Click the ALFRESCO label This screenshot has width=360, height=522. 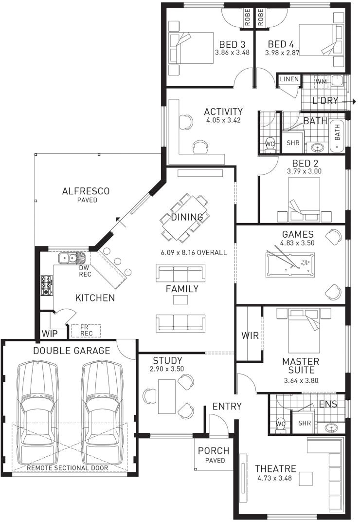[86, 191]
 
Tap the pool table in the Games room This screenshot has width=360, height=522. [290, 264]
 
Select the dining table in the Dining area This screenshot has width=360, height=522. [185, 218]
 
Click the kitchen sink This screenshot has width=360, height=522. [72, 258]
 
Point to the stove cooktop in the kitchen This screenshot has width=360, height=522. [47, 285]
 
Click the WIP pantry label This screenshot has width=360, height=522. [49, 335]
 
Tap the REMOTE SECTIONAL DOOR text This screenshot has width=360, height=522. [68, 468]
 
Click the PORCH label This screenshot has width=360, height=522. [213, 451]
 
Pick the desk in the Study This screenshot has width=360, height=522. [166, 396]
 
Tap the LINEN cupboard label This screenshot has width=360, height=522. [289, 79]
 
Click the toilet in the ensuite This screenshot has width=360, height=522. [280, 424]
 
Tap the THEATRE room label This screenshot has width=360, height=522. [275, 469]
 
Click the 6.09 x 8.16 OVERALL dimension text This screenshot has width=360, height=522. [194, 253]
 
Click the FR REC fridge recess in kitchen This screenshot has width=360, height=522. [86, 331]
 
